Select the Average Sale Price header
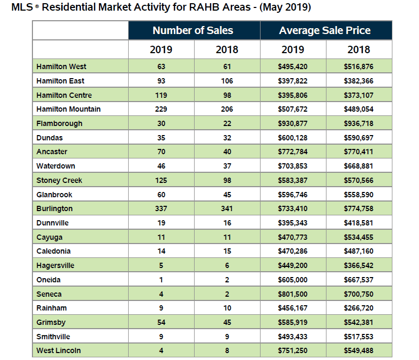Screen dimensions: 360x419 point(325,30)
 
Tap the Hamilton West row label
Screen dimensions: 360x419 point(61,66)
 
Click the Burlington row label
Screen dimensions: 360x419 point(54,208)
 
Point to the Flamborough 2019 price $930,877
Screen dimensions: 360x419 point(292,123)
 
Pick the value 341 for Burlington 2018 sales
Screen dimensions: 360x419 point(227,208)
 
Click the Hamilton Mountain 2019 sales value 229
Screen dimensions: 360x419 point(161,109)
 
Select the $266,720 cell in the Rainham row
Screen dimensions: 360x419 point(359,308)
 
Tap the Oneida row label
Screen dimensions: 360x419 point(49,280)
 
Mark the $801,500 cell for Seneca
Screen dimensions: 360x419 point(292,294)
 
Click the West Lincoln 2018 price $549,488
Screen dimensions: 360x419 point(359,350)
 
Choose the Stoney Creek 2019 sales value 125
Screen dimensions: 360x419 point(161,180)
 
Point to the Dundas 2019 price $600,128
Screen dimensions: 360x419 point(292,138)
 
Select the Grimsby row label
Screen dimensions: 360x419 point(51,322)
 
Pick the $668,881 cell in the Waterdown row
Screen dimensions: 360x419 point(359,166)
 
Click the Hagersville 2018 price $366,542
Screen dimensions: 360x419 point(359,265)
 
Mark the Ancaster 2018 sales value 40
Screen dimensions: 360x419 point(227,152)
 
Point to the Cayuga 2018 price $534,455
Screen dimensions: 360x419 point(359,237)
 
